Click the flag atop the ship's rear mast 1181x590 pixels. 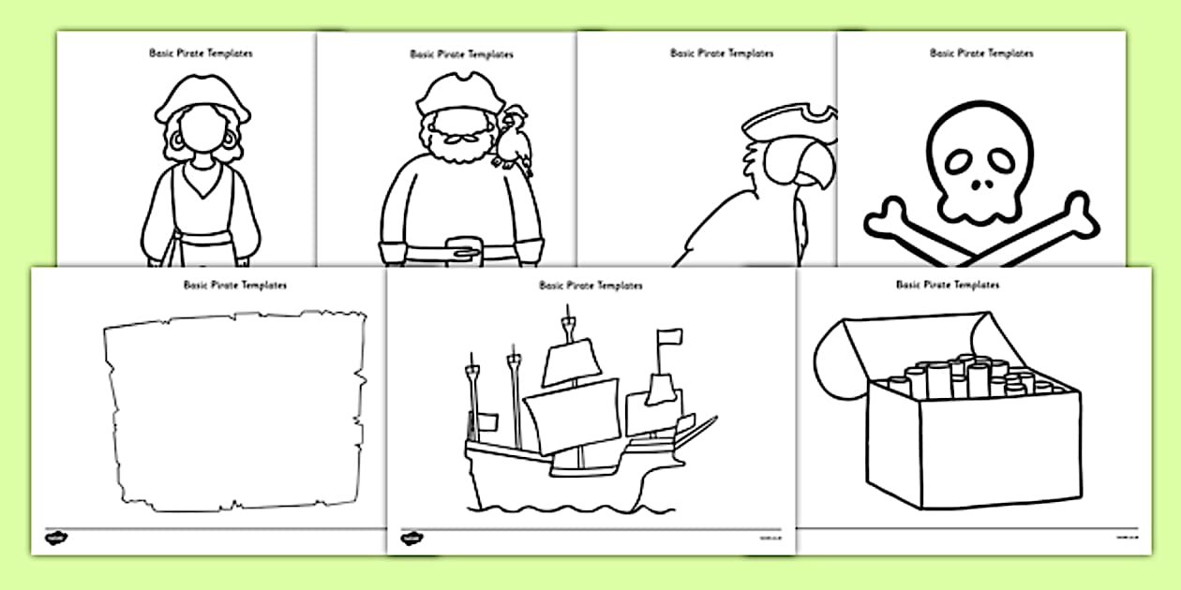667,338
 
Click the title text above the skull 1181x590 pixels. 980,53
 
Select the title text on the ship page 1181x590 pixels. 590,286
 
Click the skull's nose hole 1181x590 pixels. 979,184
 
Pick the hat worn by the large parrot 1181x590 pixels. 787,120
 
